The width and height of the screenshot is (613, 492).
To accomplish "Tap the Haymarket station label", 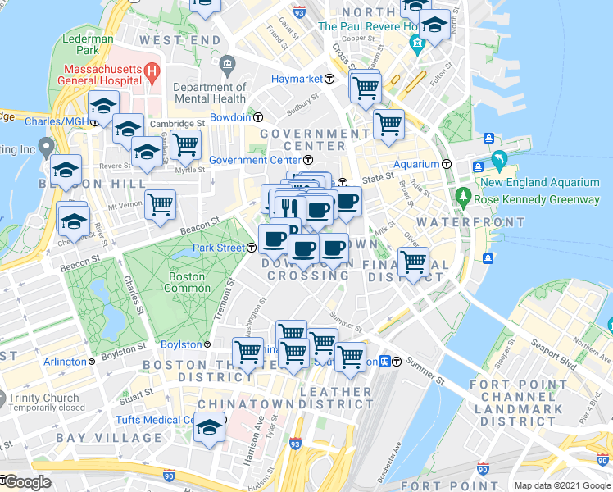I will click(296, 80).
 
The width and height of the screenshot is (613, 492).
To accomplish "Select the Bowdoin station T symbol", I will click(257, 117).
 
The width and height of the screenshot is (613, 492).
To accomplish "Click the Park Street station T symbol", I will click(251, 248).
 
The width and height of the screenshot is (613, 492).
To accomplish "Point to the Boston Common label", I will click(187, 283).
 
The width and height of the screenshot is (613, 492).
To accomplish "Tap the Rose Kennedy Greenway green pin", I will click(463, 198).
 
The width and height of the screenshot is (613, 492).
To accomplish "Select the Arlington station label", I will click(65, 362).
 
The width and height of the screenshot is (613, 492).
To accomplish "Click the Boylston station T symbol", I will click(207, 344).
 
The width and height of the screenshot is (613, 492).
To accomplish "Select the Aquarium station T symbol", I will click(447, 163).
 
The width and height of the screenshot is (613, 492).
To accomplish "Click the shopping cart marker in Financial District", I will click(414, 262).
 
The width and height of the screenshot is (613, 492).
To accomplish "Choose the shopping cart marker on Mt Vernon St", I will click(161, 203).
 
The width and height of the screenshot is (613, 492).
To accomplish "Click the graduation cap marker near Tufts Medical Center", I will click(210, 426).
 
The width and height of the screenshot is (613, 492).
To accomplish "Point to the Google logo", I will click(27, 482).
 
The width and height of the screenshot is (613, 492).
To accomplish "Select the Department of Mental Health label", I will click(210, 93).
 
